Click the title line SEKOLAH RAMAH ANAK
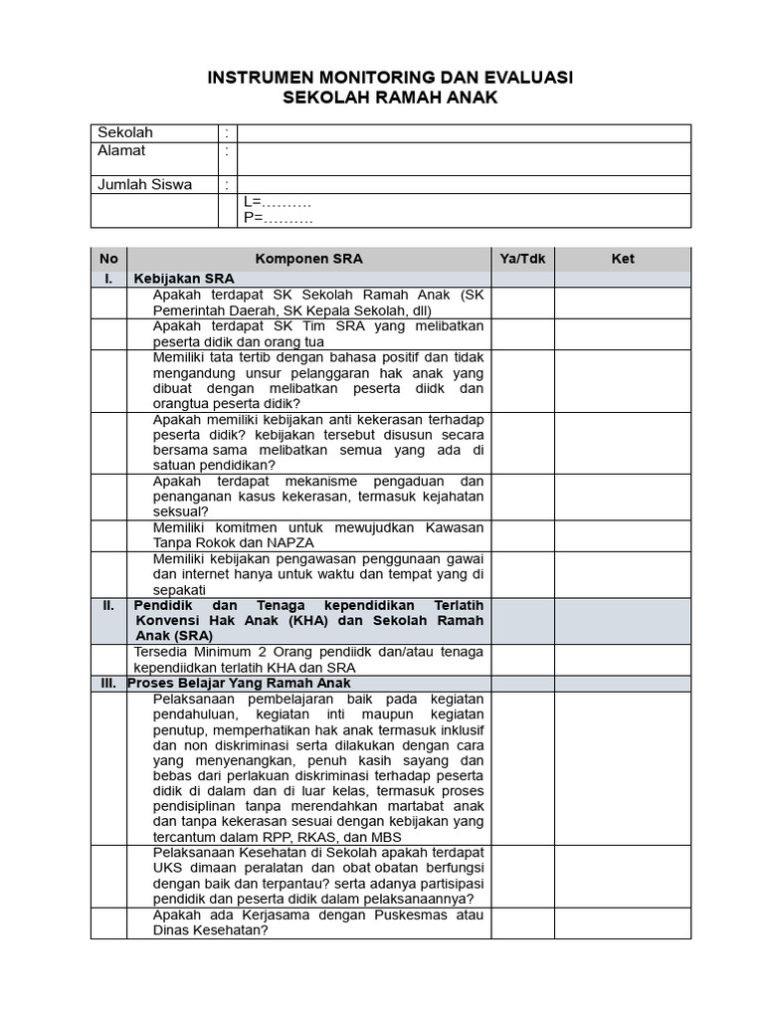coord(389,99)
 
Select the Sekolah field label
coord(124,133)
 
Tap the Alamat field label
coord(121,151)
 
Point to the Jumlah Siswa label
coord(144,185)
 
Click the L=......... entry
coord(278,202)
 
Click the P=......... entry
coord(279,218)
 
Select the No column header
coord(108,259)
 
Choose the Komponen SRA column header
coord(309,259)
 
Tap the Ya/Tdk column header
coord(522,259)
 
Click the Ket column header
coord(623,259)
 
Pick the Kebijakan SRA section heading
coord(184,280)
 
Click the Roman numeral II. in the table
coord(109,605)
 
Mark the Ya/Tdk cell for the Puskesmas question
coord(522,922)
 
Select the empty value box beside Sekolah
coord(464,133)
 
